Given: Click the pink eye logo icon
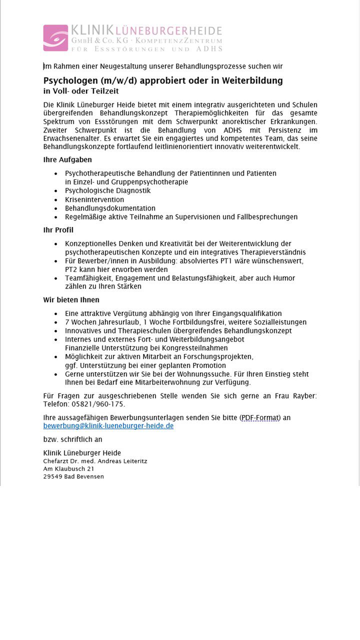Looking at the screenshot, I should pyautogui.click(x=55, y=38).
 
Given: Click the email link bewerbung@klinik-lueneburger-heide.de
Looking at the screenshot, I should pyautogui.click(x=108, y=426).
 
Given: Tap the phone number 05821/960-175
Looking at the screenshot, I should pyautogui.click(x=98, y=404).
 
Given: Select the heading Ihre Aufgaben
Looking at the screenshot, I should pyautogui.click(x=67, y=160).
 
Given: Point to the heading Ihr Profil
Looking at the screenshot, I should pyautogui.click(x=58, y=230).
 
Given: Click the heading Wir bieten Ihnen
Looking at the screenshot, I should pyautogui.click(x=71, y=300).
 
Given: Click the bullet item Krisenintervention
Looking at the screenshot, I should pyautogui.click(x=94, y=199).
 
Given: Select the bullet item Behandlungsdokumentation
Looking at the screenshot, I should pyautogui.click(x=110, y=208).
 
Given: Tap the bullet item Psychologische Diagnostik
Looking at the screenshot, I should pyautogui.click(x=107, y=190).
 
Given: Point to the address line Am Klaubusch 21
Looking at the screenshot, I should pyautogui.click(x=68, y=468).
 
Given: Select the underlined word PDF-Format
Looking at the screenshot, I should pyautogui.click(x=260, y=417).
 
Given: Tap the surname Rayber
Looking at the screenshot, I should pyautogui.click(x=303, y=395).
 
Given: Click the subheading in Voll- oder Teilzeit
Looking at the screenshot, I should pyautogui.click(x=81, y=91).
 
